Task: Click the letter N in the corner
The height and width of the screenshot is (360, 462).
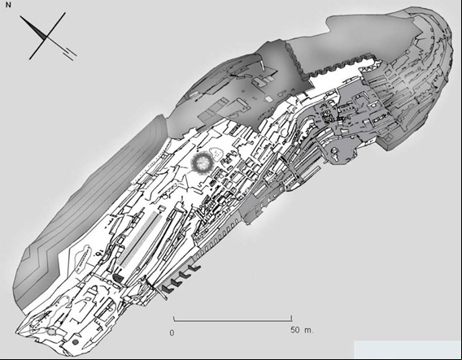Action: click(8, 5)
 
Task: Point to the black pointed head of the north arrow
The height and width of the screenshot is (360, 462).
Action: click(33, 27)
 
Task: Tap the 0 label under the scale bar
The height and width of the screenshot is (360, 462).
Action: click(172, 333)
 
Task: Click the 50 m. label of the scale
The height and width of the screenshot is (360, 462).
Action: click(302, 330)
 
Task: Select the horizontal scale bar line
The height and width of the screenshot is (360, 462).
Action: click(233, 319)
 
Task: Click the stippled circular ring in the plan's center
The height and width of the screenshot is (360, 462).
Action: click(202, 162)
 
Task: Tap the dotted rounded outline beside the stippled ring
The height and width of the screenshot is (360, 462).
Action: click(217, 154)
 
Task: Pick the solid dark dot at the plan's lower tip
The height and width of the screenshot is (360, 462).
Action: click(76, 342)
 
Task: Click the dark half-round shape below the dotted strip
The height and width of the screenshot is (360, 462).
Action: click(118, 278)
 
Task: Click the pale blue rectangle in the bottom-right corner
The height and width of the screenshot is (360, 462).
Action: click(408, 349)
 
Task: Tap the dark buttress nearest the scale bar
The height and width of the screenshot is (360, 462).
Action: click(167, 289)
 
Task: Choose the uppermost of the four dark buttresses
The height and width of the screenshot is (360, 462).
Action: click(195, 268)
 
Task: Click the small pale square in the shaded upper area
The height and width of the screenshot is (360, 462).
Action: click(268, 99)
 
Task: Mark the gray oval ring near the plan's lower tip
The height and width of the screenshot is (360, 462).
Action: click(51, 332)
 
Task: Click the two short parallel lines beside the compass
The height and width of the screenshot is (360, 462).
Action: click(70, 54)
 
